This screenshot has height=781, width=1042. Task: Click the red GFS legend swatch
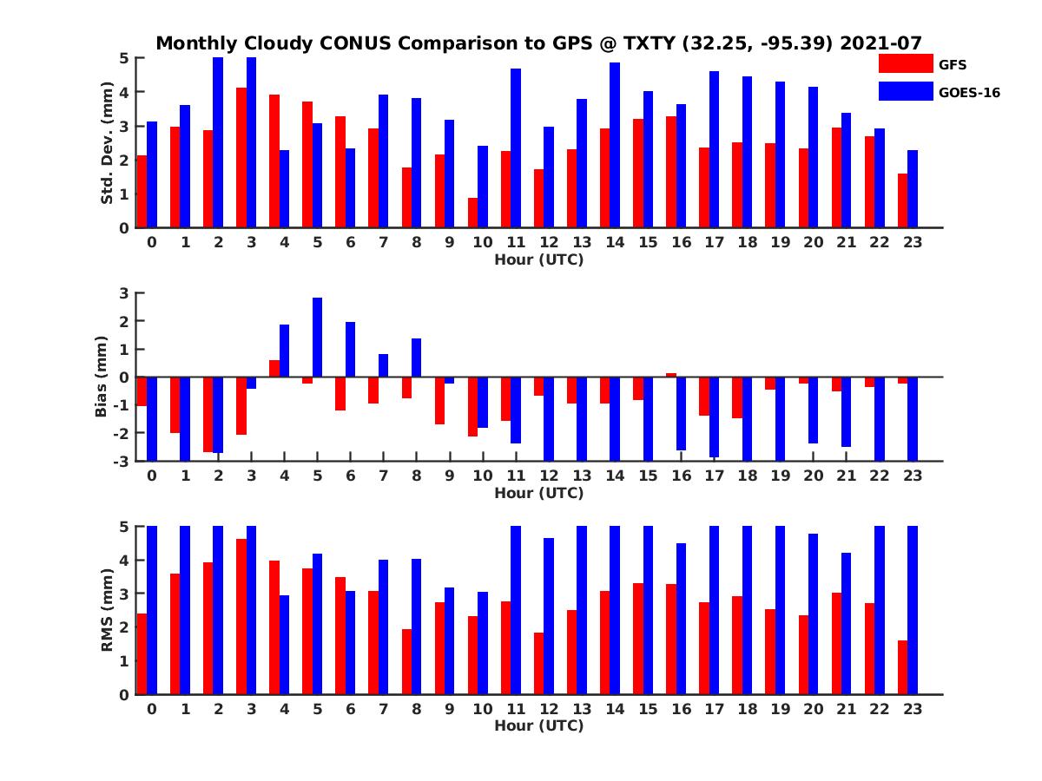point(905,63)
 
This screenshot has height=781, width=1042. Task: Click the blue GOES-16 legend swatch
point(905,91)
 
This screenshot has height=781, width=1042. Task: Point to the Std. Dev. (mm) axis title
point(108,143)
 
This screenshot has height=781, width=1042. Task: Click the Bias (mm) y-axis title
point(102,376)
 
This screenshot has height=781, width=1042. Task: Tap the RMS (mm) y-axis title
point(108,610)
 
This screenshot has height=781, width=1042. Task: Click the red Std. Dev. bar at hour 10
point(472,213)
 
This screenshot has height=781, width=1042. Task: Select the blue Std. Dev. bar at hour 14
point(615,145)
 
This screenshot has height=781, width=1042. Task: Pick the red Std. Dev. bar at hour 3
point(241,157)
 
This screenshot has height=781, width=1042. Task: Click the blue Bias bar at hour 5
point(318,338)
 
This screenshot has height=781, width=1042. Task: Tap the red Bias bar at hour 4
point(274,368)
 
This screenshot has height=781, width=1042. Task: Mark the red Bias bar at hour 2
point(208,414)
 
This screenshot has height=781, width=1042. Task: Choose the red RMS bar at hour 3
point(241,616)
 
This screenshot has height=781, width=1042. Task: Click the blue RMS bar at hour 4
point(285,645)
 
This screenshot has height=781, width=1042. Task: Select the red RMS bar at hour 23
point(902,667)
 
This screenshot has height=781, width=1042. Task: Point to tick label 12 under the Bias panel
point(549,476)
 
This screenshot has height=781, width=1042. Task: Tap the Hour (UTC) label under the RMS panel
point(538,725)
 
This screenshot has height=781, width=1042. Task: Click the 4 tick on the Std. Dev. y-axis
point(125,92)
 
